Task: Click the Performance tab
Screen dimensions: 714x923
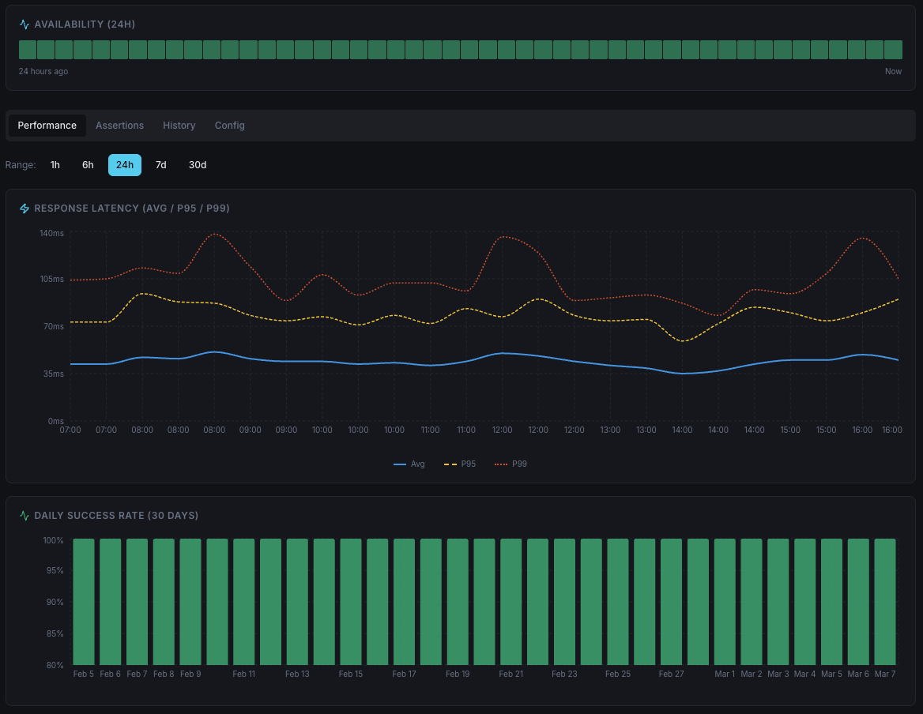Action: click(x=47, y=126)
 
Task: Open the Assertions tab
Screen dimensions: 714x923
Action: click(x=119, y=126)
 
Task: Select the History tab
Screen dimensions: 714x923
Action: click(x=179, y=126)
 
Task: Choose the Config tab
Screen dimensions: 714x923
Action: click(x=230, y=126)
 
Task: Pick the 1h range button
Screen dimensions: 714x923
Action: click(x=55, y=165)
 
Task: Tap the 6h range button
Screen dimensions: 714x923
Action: click(x=88, y=165)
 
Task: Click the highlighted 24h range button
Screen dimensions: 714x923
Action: click(x=125, y=165)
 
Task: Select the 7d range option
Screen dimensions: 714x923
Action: click(x=161, y=165)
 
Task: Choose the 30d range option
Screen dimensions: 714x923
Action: click(x=198, y=165)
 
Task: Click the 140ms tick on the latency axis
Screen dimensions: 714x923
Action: click(x=51, y=233)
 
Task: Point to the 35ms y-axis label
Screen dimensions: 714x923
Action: click(x=53, y=374)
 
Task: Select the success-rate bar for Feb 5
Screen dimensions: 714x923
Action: click(x=84, y=602)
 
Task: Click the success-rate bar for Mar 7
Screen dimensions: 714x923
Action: click(x=885, y=602)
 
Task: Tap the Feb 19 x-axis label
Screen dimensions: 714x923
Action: click(x=458, y=675)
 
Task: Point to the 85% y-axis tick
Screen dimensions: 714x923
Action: click(x=54, y=633)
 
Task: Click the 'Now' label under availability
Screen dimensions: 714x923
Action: click(x=893, y=72)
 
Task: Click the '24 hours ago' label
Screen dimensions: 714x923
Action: click(x=43, y=72)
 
